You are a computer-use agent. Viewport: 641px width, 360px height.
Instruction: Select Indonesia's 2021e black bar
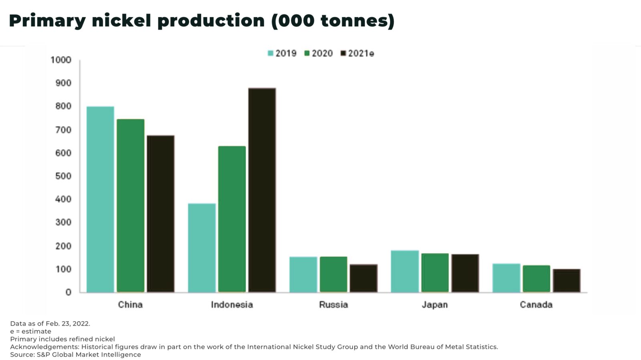coord(262,190)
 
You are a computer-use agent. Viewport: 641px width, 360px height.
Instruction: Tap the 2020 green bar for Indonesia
coord(232,219)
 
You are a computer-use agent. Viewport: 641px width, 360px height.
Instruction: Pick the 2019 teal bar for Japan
coord(405,271)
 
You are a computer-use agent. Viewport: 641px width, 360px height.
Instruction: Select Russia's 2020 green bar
coord(333,274)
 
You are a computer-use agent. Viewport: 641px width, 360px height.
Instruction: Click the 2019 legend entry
coord(282,53)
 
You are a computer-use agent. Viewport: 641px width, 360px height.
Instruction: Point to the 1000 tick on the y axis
coord(61,60)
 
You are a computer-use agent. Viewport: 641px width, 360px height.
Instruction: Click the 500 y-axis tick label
coord(63,176)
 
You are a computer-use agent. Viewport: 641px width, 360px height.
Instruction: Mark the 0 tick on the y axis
coord(68,292)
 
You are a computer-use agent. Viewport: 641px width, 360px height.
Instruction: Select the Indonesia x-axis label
coord(232,305)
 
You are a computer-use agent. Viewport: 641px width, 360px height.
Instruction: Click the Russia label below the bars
coord(333,305)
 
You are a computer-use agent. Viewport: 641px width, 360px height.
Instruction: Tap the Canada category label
coord(536,305)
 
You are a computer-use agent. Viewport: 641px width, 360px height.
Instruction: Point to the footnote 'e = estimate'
coord(31,331)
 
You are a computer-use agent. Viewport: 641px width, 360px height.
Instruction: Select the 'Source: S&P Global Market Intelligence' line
coord(75,354)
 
